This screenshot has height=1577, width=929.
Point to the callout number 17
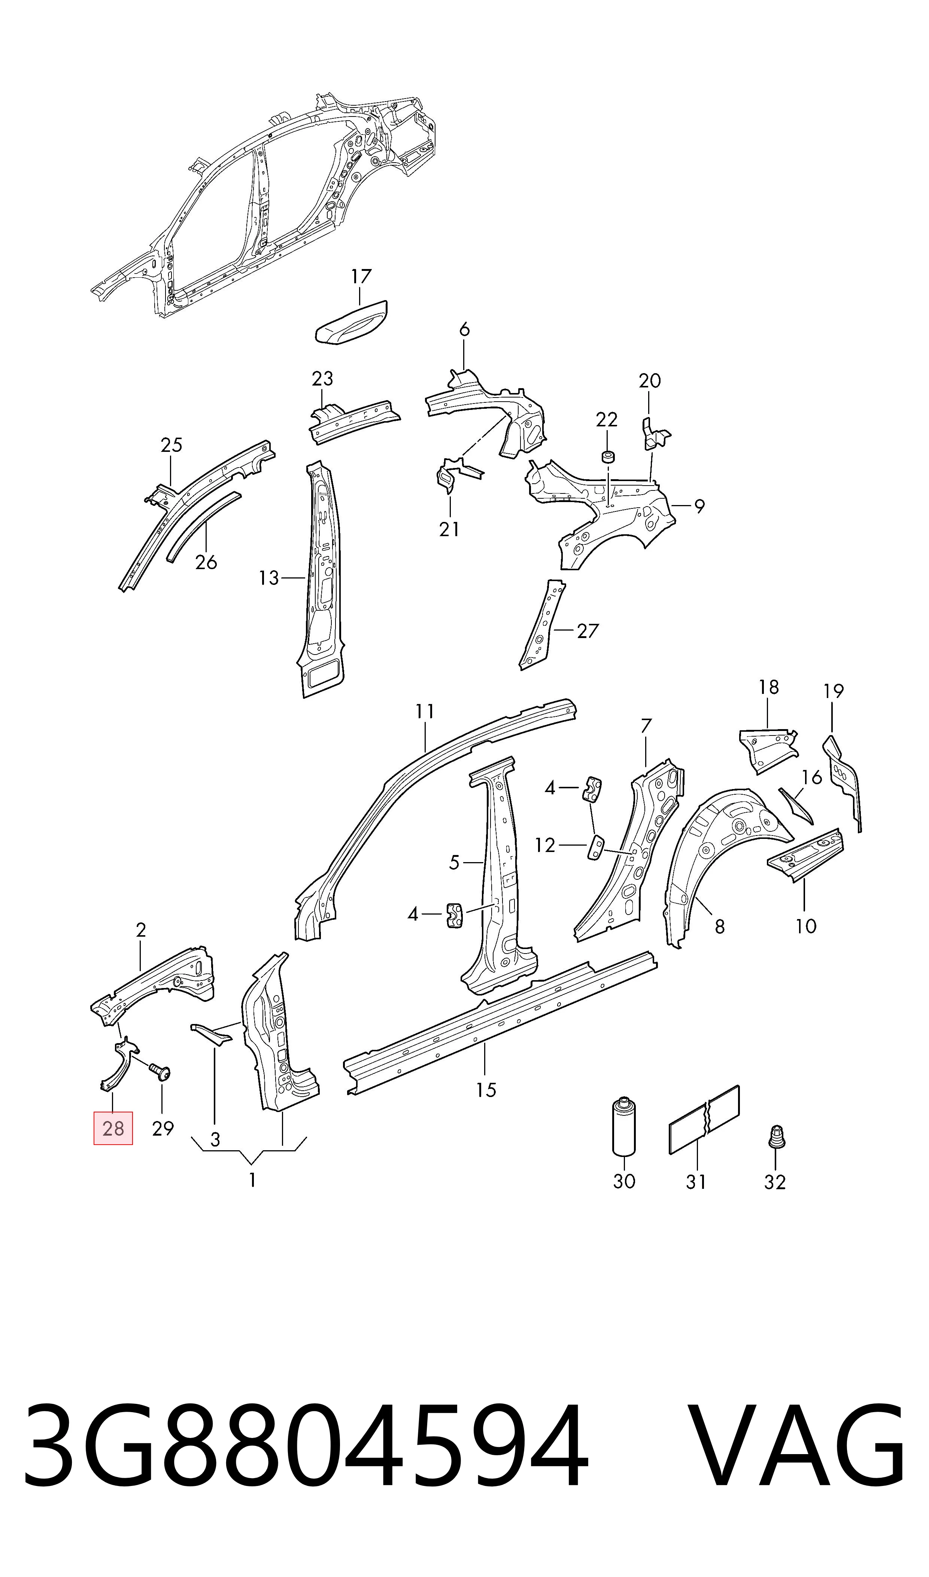tap(361, 276)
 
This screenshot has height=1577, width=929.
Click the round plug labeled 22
tap(607, 456)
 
